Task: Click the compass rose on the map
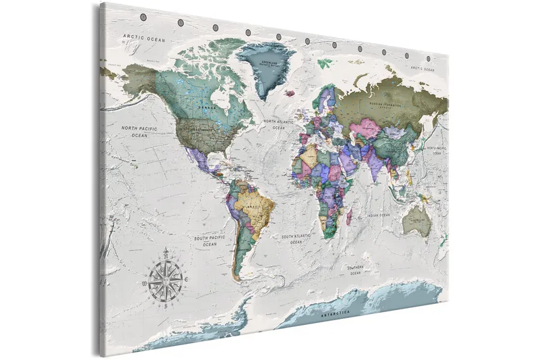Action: click(x=165, y=278)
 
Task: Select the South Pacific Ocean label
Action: click(x=210, y=241)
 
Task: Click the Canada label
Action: click(x=207, y=106)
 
